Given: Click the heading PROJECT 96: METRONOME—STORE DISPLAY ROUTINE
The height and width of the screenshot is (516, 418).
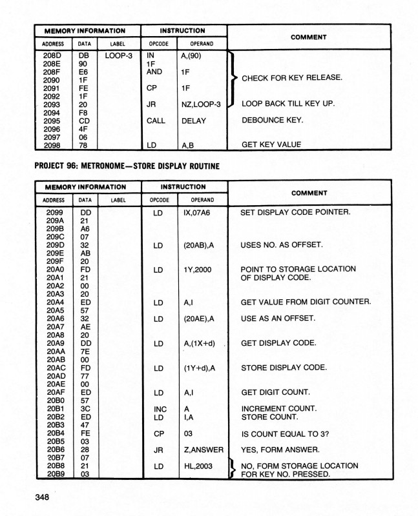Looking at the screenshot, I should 127,166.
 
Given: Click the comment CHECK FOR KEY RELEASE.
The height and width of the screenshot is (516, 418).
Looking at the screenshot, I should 291,78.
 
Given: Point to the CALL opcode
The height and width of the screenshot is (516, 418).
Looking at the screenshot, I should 156,121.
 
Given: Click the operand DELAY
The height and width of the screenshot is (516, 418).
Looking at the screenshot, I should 194,121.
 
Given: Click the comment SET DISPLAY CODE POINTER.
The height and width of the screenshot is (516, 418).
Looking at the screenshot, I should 295,212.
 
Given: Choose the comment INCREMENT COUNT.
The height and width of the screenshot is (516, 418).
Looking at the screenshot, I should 278,409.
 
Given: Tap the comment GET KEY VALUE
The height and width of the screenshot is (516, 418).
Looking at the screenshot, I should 271,144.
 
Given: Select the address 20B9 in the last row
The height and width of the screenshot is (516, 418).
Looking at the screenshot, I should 56,474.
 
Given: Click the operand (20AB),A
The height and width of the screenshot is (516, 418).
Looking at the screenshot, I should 201,245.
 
